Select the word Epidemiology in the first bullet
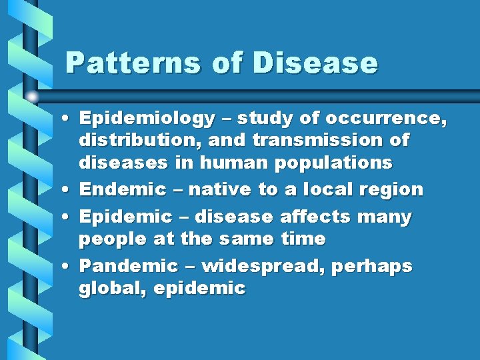pos(147,119)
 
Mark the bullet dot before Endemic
pos(69,191)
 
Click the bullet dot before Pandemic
pos(69,267)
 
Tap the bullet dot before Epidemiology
pos(69,120)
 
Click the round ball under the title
pos(33,97)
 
